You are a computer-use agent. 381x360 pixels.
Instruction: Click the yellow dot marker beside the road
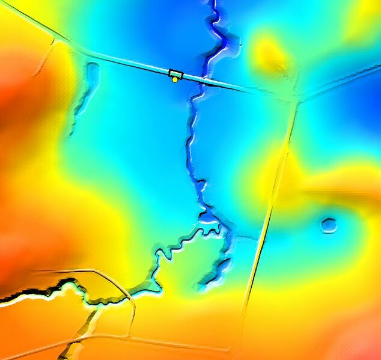point(175,80)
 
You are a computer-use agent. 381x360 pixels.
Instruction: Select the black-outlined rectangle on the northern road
point(175,73)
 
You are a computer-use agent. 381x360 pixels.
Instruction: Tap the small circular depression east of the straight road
point(328,225)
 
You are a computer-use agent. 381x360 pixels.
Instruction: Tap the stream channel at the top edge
point(212,6)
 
